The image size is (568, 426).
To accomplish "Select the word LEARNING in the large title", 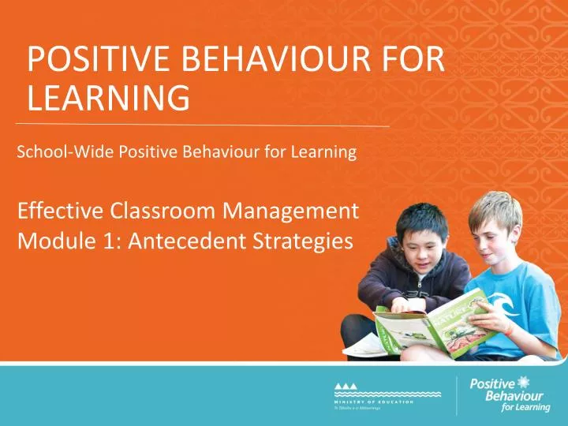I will [107, 100].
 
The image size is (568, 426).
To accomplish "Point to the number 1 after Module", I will [99, 244].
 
